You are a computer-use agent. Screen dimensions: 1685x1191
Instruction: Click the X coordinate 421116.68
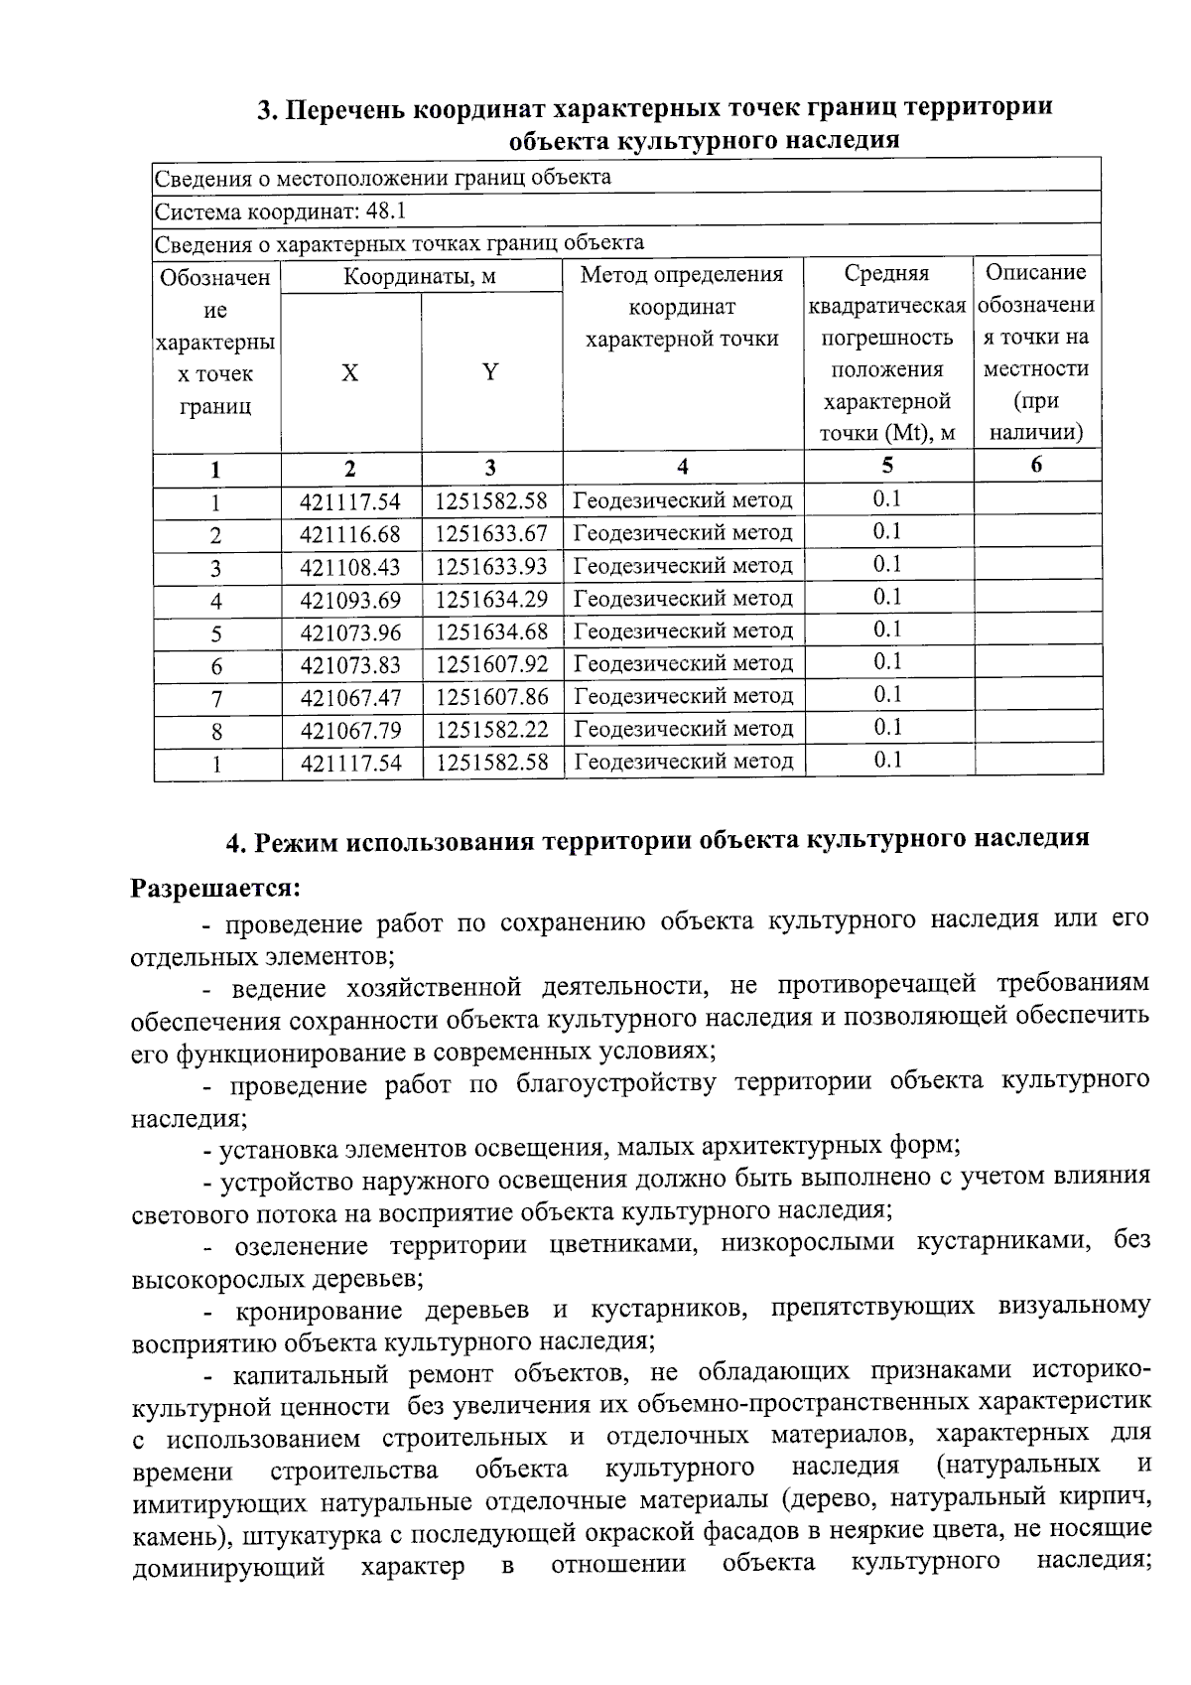click(x=350, y=534)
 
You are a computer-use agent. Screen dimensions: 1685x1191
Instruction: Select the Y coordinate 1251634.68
click(x=491, y=632)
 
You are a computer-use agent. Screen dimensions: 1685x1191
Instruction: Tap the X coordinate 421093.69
click(x=350, y=600)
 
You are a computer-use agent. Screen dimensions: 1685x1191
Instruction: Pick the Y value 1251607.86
click(x=491, y=697)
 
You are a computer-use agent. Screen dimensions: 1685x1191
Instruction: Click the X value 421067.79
click(x=350, y=730)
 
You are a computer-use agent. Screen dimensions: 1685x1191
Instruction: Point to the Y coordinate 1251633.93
click(x=491, y=566)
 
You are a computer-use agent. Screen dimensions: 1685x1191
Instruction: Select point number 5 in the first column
click(x=216, y=633)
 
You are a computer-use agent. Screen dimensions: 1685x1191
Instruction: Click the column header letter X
click(x=350, y=373)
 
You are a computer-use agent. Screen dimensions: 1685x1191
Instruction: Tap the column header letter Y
click(x=490, y=372)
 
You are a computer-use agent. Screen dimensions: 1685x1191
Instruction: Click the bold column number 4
click(x=682, y=467)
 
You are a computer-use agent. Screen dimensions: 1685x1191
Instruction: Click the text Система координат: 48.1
click(x=280, y=211)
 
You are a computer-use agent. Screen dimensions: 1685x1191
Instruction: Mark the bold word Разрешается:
click(x=216, y=886)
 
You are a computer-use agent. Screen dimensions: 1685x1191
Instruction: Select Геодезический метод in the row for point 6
click(x=683, y=663)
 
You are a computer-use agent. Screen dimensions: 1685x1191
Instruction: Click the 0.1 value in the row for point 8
click(x=887, y=728)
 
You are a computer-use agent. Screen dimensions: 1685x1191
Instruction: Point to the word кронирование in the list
click(x=322, y=1310)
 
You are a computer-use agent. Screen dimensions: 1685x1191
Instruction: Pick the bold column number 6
click(x=1036, y=465)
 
